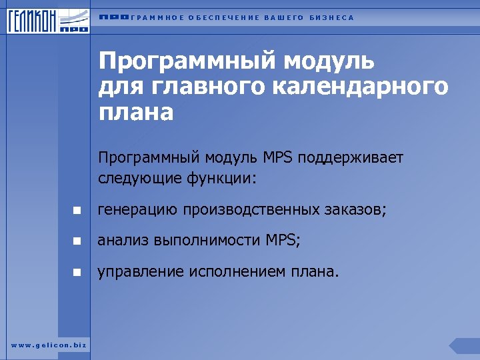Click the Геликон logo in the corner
click(x=47, y=20)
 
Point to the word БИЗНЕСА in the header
click(x=331, y=18)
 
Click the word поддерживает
click(x=351, y=158)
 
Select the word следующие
click(x=133, y=179)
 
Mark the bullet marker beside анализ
click(x=77, y=241)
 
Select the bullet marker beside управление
click(x=77, y=272)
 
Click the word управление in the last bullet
click(x=141, y=271)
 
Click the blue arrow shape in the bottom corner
click(x=465, y=345)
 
